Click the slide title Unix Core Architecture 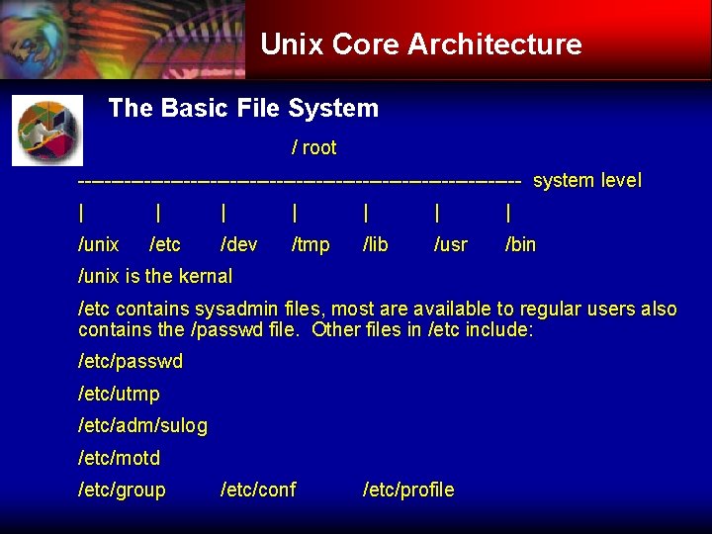click(x=420, y=44)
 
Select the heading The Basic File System click(x=243, y=108)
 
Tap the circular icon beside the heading click(x=47, y=131)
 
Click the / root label click(x=313, y=148)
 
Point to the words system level click(x=587, y=181)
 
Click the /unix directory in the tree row click(x=98, y=244)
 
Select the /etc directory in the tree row click(x=165, y=244)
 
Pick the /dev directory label click(x=239, y=244)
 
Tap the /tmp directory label click(x=311, y=244)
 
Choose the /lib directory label click(x=376, y=244)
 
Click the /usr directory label click(x=451, y=244)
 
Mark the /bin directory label click(x=521, y=244)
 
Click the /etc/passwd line click(x=131, y=362)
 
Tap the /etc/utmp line click(x=119, y=395)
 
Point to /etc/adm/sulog click(x=142, y=426)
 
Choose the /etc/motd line click(x=119, y=459)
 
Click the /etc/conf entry click(x=258, y=490)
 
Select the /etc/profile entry click(x=409, y=490)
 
